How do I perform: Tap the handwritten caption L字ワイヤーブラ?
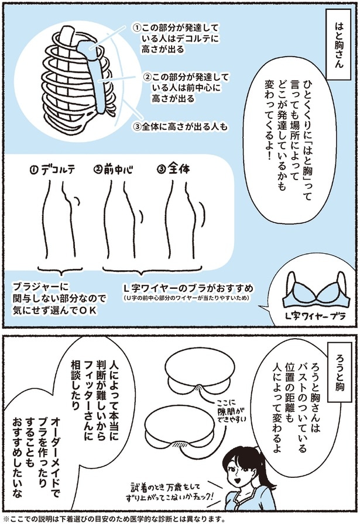(314, 316)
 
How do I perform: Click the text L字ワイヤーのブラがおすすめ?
(188, 289)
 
